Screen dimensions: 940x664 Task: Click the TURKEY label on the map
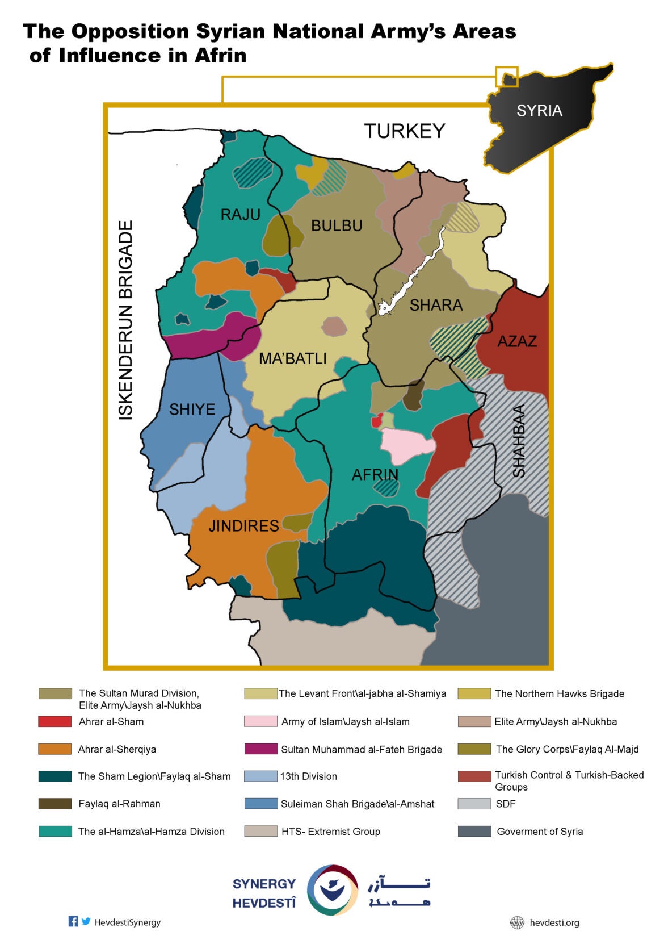404,131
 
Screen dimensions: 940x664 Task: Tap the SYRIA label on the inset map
539,110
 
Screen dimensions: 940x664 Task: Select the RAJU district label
240,215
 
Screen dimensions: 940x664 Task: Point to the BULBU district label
337,225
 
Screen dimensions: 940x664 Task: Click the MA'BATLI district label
292,358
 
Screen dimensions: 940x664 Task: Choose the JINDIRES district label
243,525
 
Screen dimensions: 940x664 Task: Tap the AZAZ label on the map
517,341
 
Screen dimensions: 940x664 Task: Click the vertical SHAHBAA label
519,441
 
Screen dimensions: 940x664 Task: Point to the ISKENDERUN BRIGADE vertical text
125,320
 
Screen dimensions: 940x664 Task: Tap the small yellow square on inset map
507,77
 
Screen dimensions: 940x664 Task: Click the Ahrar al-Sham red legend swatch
54,721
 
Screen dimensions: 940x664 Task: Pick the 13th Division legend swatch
260,776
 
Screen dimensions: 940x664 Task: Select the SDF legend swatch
474,804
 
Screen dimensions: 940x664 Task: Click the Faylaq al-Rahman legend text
119,804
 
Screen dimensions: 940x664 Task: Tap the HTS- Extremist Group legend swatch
260,831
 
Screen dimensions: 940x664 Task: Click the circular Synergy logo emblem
333,890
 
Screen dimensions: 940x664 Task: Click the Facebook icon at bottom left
73,921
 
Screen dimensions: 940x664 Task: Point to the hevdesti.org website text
554,922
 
